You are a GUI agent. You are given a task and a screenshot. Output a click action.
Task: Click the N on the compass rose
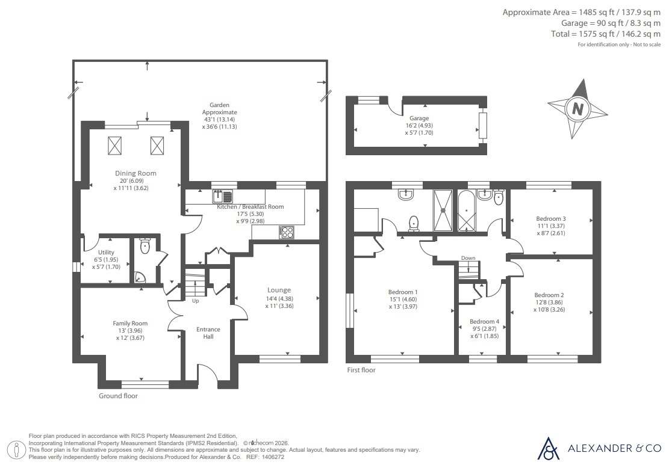[x=577, y=109]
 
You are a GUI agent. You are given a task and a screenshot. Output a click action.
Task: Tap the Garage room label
[x=419, y=118]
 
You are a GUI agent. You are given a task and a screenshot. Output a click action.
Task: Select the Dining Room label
[x=135, y=173]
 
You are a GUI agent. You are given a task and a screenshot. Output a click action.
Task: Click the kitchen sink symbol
[x=222, y=197]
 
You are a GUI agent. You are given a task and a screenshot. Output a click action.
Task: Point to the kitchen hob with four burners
[x=286, y=232]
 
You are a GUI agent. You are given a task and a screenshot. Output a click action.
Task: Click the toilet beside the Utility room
[x=145, y=246]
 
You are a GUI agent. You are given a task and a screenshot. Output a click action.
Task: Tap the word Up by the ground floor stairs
[x=196, y=301]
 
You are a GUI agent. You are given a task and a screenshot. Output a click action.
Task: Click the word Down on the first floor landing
[x=468, y=258]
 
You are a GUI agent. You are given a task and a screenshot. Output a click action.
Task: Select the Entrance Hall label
[x=208, y=333]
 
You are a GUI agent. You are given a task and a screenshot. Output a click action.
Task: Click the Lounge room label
[x=279, y=290]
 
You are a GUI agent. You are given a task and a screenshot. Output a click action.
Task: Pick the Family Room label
[x=130, y=323]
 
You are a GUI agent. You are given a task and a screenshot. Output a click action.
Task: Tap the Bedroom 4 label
[x=484, y=321]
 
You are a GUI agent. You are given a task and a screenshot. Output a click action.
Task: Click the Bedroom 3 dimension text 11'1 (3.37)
[x=551, y=226]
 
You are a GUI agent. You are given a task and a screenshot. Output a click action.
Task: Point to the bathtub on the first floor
[x=466, y=211]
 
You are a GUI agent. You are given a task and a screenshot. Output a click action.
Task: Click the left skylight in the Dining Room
[x=114, y=146]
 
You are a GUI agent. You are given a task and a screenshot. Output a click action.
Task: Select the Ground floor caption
[x=118, y=396]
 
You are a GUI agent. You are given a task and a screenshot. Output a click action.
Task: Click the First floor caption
[x=361, y=370]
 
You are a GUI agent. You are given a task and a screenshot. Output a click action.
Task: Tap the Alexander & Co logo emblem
[x=548, y=448]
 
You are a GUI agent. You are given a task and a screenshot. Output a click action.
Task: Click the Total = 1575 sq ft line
[x=606, y=34]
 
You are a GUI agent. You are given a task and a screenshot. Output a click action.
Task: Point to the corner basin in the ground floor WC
[x=140, y=277]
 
